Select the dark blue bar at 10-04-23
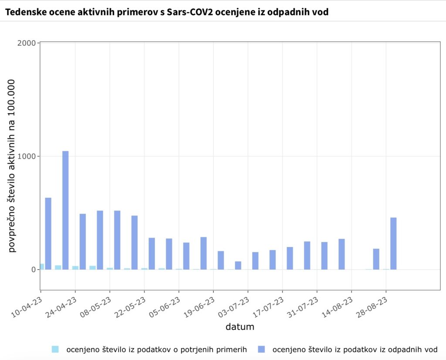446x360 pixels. tap(48, 234)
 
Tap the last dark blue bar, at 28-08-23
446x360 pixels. tap(393, 243)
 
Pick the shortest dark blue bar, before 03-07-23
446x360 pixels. tap(238, 265)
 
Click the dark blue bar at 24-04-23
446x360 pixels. tap(83, 241)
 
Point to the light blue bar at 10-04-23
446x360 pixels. tap(42, 266)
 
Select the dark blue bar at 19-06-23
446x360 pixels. tap(221, 260)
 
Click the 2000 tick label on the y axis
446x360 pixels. tap(27, 43)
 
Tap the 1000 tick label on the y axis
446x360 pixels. tap(27, 156)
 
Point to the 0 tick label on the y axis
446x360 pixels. tap(33, 270)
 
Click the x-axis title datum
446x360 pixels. tap(240, 327)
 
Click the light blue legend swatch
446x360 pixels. tap(55, 349)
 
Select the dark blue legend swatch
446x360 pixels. tap(261, 349)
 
